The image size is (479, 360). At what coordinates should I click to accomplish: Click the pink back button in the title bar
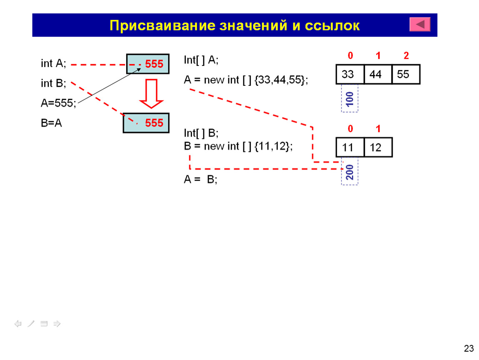[420, 24]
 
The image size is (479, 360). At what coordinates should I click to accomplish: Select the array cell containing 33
[350, 74]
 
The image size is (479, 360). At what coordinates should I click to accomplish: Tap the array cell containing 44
[378, 74]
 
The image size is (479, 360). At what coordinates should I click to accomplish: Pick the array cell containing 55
[406, 74]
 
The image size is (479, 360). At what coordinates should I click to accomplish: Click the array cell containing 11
[350, 147]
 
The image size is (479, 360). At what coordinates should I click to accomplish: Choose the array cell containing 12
[378, 147]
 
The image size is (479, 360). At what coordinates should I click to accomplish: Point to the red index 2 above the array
[406, 55]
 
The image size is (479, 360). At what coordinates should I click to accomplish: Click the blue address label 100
[349, 99]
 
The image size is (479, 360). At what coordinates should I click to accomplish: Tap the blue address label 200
[349, 172]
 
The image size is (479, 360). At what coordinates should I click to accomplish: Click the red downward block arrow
[151, 93]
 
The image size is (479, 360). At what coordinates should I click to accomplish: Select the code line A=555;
[58, 103]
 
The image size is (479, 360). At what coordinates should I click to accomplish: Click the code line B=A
[51, 123]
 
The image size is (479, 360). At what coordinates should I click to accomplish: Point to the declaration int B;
[53, 83]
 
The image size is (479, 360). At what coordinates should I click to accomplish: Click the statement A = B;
[200, 179]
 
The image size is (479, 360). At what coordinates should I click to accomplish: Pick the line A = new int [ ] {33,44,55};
[246, 80]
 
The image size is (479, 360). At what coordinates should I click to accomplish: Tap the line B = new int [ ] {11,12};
[238, 146]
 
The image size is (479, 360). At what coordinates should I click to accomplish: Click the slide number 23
[469, 348]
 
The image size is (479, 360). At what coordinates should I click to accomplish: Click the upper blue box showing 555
[148, 64]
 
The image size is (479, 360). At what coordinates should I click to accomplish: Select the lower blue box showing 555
[146, 123]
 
